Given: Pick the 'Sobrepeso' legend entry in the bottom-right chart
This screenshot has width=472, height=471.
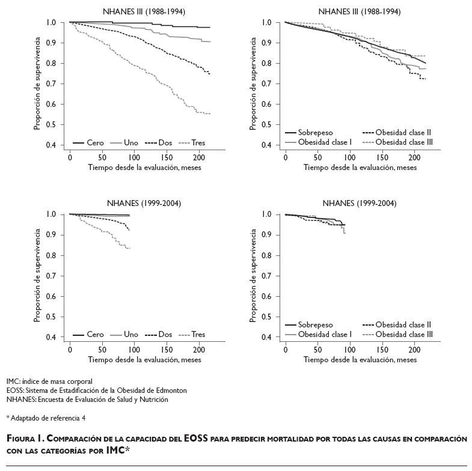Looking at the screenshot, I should coord(316,325).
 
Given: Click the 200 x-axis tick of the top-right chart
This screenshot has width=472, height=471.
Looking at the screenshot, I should coord(414,157).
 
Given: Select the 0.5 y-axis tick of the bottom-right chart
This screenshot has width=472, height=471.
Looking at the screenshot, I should coord(266,317).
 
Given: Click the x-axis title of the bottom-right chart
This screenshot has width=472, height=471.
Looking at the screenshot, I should coord(360,360).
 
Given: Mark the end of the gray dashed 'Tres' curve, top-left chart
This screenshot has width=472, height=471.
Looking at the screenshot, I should coord(210,114).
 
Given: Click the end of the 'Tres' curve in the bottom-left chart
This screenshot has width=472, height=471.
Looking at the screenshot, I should coord(129,248).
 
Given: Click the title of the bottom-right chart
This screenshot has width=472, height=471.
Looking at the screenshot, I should coord(360,204).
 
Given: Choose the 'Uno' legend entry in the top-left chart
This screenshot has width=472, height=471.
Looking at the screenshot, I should coord(130,143).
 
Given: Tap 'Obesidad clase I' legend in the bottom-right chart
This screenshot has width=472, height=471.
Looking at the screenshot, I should coord(324,335).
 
